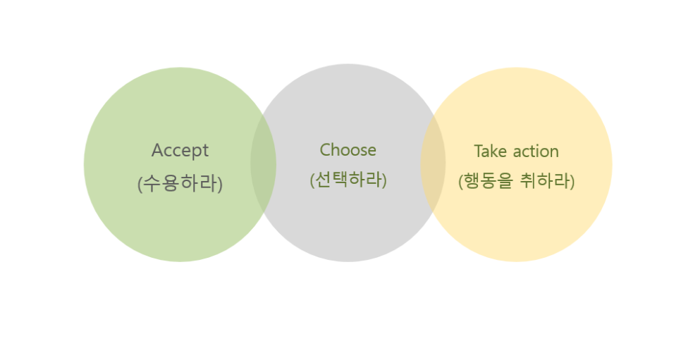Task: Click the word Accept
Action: tap(180, 151)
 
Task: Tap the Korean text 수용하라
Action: tap(180, 184)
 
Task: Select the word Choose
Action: tap(348, 150)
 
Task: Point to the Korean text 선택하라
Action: tap(348, 180)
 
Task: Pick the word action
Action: tap(535, 151)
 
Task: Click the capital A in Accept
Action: tap(157, 151)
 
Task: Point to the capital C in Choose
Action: tap(325, 150)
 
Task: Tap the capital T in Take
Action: tap(478, 151)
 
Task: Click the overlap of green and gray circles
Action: tap(263, 163)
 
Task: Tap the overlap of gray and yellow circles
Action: tap(433, 163)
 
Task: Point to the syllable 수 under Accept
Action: tap(152, 184)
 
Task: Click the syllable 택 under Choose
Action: tap(339, 180)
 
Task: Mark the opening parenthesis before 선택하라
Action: tap(312, 180)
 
